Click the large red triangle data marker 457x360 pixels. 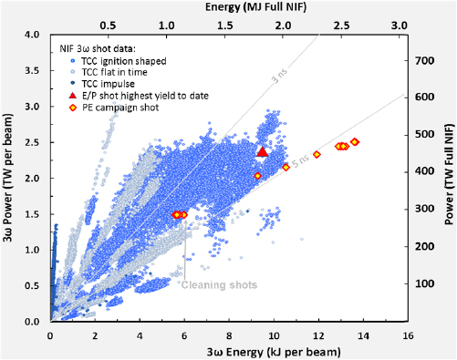point(263,151)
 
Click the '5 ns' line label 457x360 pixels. point(327,135)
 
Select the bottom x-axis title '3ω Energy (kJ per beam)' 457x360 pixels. point(227,350)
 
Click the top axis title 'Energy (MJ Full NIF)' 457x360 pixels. point(227,7)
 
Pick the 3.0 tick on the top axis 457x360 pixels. point(398,25)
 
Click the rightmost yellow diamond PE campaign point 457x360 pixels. point(355,142)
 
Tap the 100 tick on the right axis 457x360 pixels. point(422,283)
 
